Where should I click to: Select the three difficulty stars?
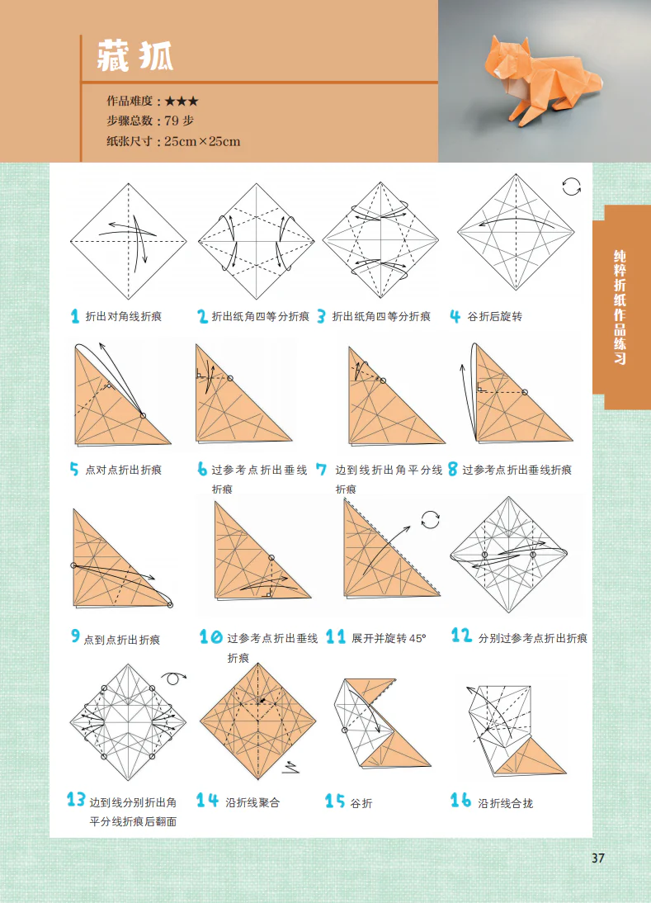click(181, 101)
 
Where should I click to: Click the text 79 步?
click(179, 121)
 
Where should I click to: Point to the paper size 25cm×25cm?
click(202, 141)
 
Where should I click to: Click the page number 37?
click(598, 858)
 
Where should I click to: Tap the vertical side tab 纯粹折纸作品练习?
click(620, 307)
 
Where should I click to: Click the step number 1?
click(75, 316)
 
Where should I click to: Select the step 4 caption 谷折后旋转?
click(495, 316)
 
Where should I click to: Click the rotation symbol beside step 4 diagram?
click(571, 187)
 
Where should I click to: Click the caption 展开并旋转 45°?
click(389, 638)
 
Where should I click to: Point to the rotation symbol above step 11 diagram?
click(431, 519)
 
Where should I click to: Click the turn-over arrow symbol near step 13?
click(173, 678)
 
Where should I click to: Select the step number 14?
click(207, 801)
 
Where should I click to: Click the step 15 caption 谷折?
click(361, 802)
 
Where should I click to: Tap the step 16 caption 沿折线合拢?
click(506, 802)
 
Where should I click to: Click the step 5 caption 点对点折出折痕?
click(124, 470)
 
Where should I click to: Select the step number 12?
click(461, 636)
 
